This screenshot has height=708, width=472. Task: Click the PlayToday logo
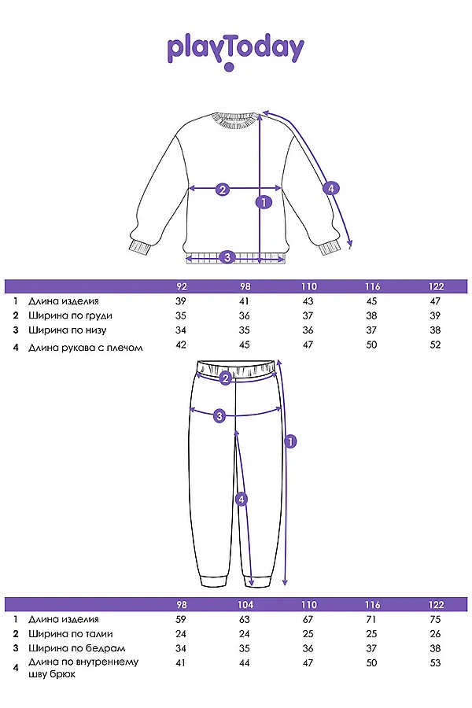pyautogui.click(x=235, y=50)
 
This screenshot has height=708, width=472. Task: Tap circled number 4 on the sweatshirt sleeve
pyautogui.click(x=331, y=188)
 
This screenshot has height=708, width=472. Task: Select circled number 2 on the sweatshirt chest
pyautogui.click(x=223, y=189)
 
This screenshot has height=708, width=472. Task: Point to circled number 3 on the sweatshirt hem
pyautogui.click(x=227, y=256)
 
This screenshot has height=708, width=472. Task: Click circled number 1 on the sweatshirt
pyautogui.click(x=264, y=202)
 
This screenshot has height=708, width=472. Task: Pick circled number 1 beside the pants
pyautogui.click(x=289, y=441)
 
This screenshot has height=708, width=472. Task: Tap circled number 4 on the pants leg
pyautogui.click(x=242, y=499)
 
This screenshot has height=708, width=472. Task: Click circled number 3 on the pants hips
pyautogui.click(x=220, y=415)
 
